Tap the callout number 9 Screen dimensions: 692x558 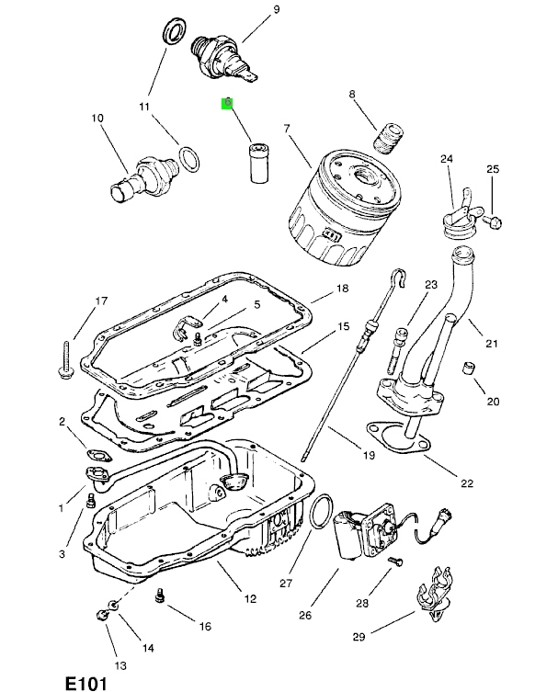248,10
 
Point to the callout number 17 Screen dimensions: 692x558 102,301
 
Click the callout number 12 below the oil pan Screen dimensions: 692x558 249,598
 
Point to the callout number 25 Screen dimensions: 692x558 492,169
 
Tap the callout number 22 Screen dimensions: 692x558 465,482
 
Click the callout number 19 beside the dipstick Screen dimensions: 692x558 370,455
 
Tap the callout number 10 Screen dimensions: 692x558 97,118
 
